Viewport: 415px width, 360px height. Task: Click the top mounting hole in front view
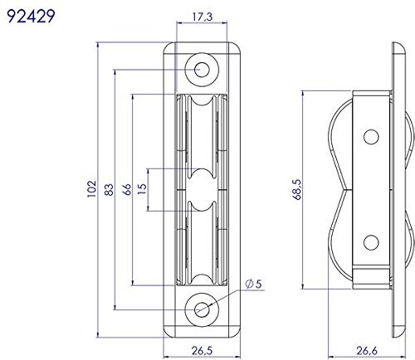(203, 70)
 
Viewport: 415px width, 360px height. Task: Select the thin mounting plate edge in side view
(393, 189)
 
